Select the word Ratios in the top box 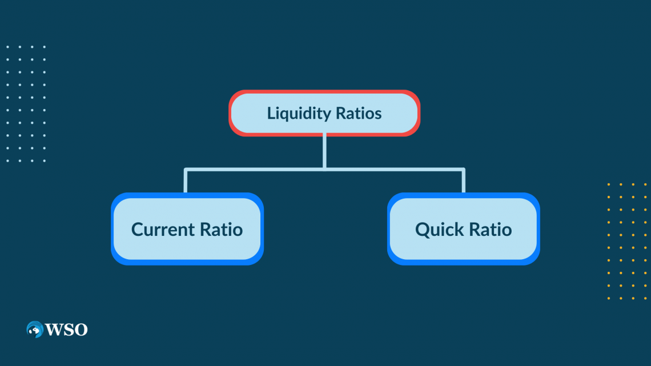coord(358,113)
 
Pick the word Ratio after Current coord(222,230)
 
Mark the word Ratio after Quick coord(491,230)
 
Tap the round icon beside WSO coord(35,329)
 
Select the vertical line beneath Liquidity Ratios coord(324,151)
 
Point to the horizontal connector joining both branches coord(324,169)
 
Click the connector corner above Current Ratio coord(186,170)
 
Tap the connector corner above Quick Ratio coord(463,170)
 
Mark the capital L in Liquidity coord(271,113)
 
